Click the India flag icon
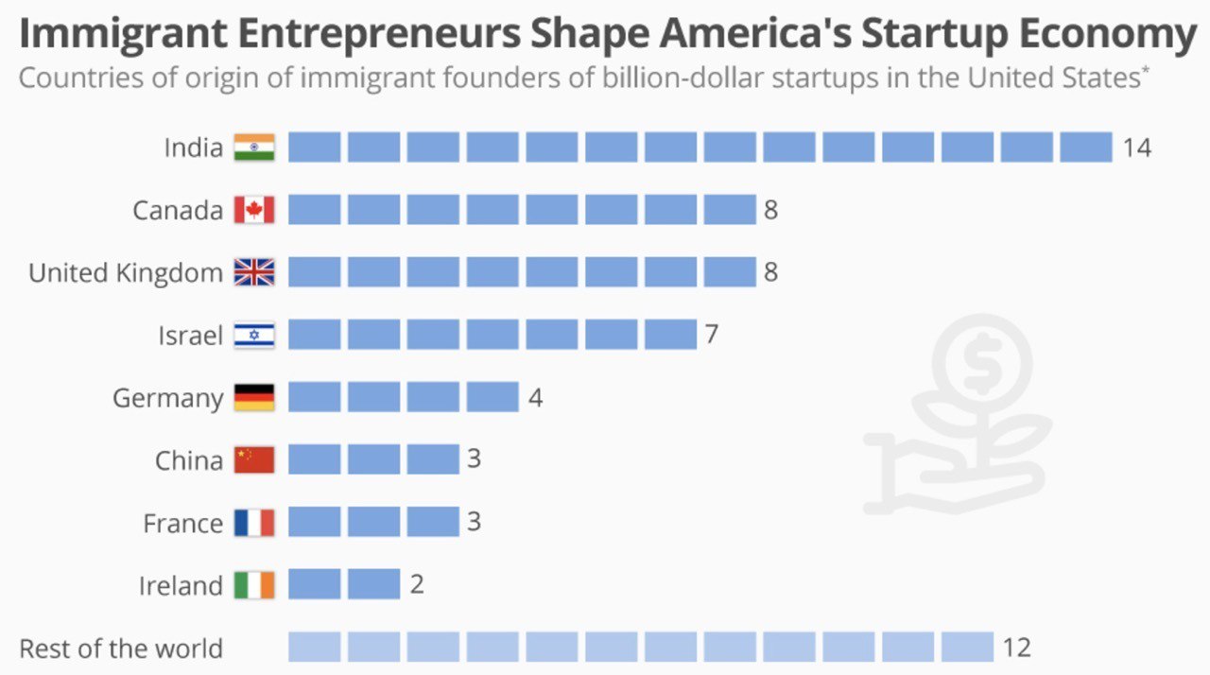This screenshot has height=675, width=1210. tap(253, 147)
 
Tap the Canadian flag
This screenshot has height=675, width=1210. tap(253, 210)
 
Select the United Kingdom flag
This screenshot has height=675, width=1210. tap(253, 272)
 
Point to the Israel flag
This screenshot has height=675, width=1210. tap(253, 335)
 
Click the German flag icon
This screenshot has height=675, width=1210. tap(253, 397)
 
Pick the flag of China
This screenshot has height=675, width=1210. tap(253, 459)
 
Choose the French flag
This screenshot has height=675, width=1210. tap(253, 522)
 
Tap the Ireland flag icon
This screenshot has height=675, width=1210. tap(253, 585)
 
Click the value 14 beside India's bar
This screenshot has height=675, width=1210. tap(1136, 148)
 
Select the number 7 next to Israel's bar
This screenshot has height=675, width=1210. tap(711, 335)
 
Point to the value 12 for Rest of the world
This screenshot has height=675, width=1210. tap(1016, 649)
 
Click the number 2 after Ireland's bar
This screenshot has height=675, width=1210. tap(417, 585)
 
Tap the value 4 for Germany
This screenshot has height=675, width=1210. tap(535, 397)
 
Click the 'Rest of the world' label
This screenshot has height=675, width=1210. tap(121, 649)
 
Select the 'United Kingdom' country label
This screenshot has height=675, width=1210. tap(126, 273)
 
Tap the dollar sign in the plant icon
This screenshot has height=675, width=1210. tap(979, 362)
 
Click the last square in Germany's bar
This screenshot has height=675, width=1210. tap(492, 397)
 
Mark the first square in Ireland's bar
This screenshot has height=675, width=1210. tap(314, 584)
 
